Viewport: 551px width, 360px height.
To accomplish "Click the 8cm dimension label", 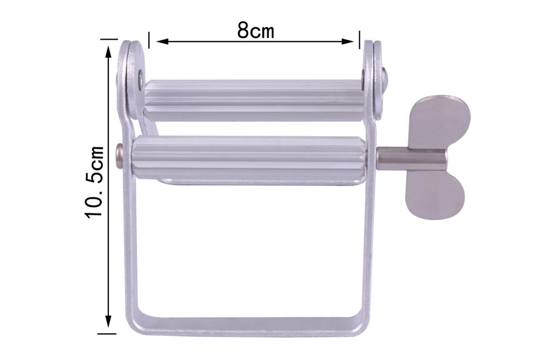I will click(x=256, y=31).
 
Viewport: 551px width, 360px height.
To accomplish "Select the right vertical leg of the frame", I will click(x=369, y=251).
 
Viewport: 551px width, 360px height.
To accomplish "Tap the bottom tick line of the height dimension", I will click(x=107, y=333).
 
